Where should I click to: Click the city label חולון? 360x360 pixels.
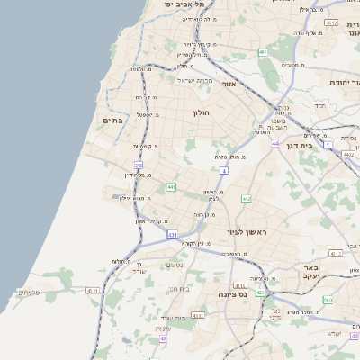200,114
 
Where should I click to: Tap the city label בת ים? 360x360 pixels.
112,120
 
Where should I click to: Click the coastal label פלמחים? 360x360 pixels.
28,292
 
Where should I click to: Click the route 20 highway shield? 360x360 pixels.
139,166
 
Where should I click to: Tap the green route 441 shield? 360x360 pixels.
171,187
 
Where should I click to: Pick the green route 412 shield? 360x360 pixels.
246,198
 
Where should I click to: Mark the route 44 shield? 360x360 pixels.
274,142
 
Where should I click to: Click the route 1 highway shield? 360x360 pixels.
328,144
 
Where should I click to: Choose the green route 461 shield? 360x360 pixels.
263,52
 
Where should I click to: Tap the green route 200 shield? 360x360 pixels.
328,300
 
